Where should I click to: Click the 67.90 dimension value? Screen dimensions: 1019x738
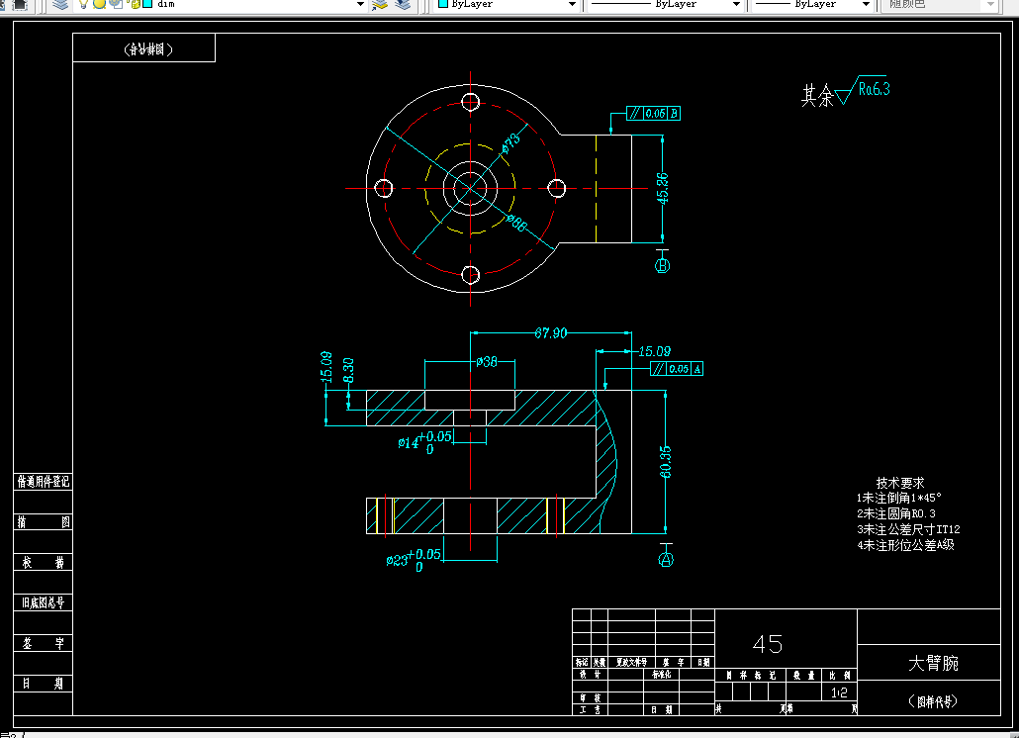[x=551, y=333]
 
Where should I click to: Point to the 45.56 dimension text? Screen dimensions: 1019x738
[x=662, y=188]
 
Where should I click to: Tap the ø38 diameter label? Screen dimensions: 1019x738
[x=486, y=362]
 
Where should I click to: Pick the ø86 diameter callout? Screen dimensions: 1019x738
[x=515, y=222]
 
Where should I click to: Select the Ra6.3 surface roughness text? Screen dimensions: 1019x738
[x=874, y=89]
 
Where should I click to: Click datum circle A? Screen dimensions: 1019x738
[x=666, y=559]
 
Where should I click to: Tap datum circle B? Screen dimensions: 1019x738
[x=663, y=265]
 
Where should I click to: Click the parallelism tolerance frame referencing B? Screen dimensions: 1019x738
[x=653, y=113]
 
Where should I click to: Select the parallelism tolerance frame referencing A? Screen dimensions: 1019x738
[x=677, y=369]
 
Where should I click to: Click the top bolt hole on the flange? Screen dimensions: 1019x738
[x=471, y=102]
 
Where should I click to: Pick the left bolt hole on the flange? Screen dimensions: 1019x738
[x=384, y=188]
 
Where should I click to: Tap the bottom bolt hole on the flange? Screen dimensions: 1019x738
[x=471, y=274]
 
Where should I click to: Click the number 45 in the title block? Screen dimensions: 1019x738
[x=768, y=644]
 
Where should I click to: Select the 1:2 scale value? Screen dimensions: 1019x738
[x=840, y=693]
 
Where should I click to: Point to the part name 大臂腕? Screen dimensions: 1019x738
[x=933, y=663]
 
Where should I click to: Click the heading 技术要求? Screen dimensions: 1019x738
[x=900, y=483]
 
